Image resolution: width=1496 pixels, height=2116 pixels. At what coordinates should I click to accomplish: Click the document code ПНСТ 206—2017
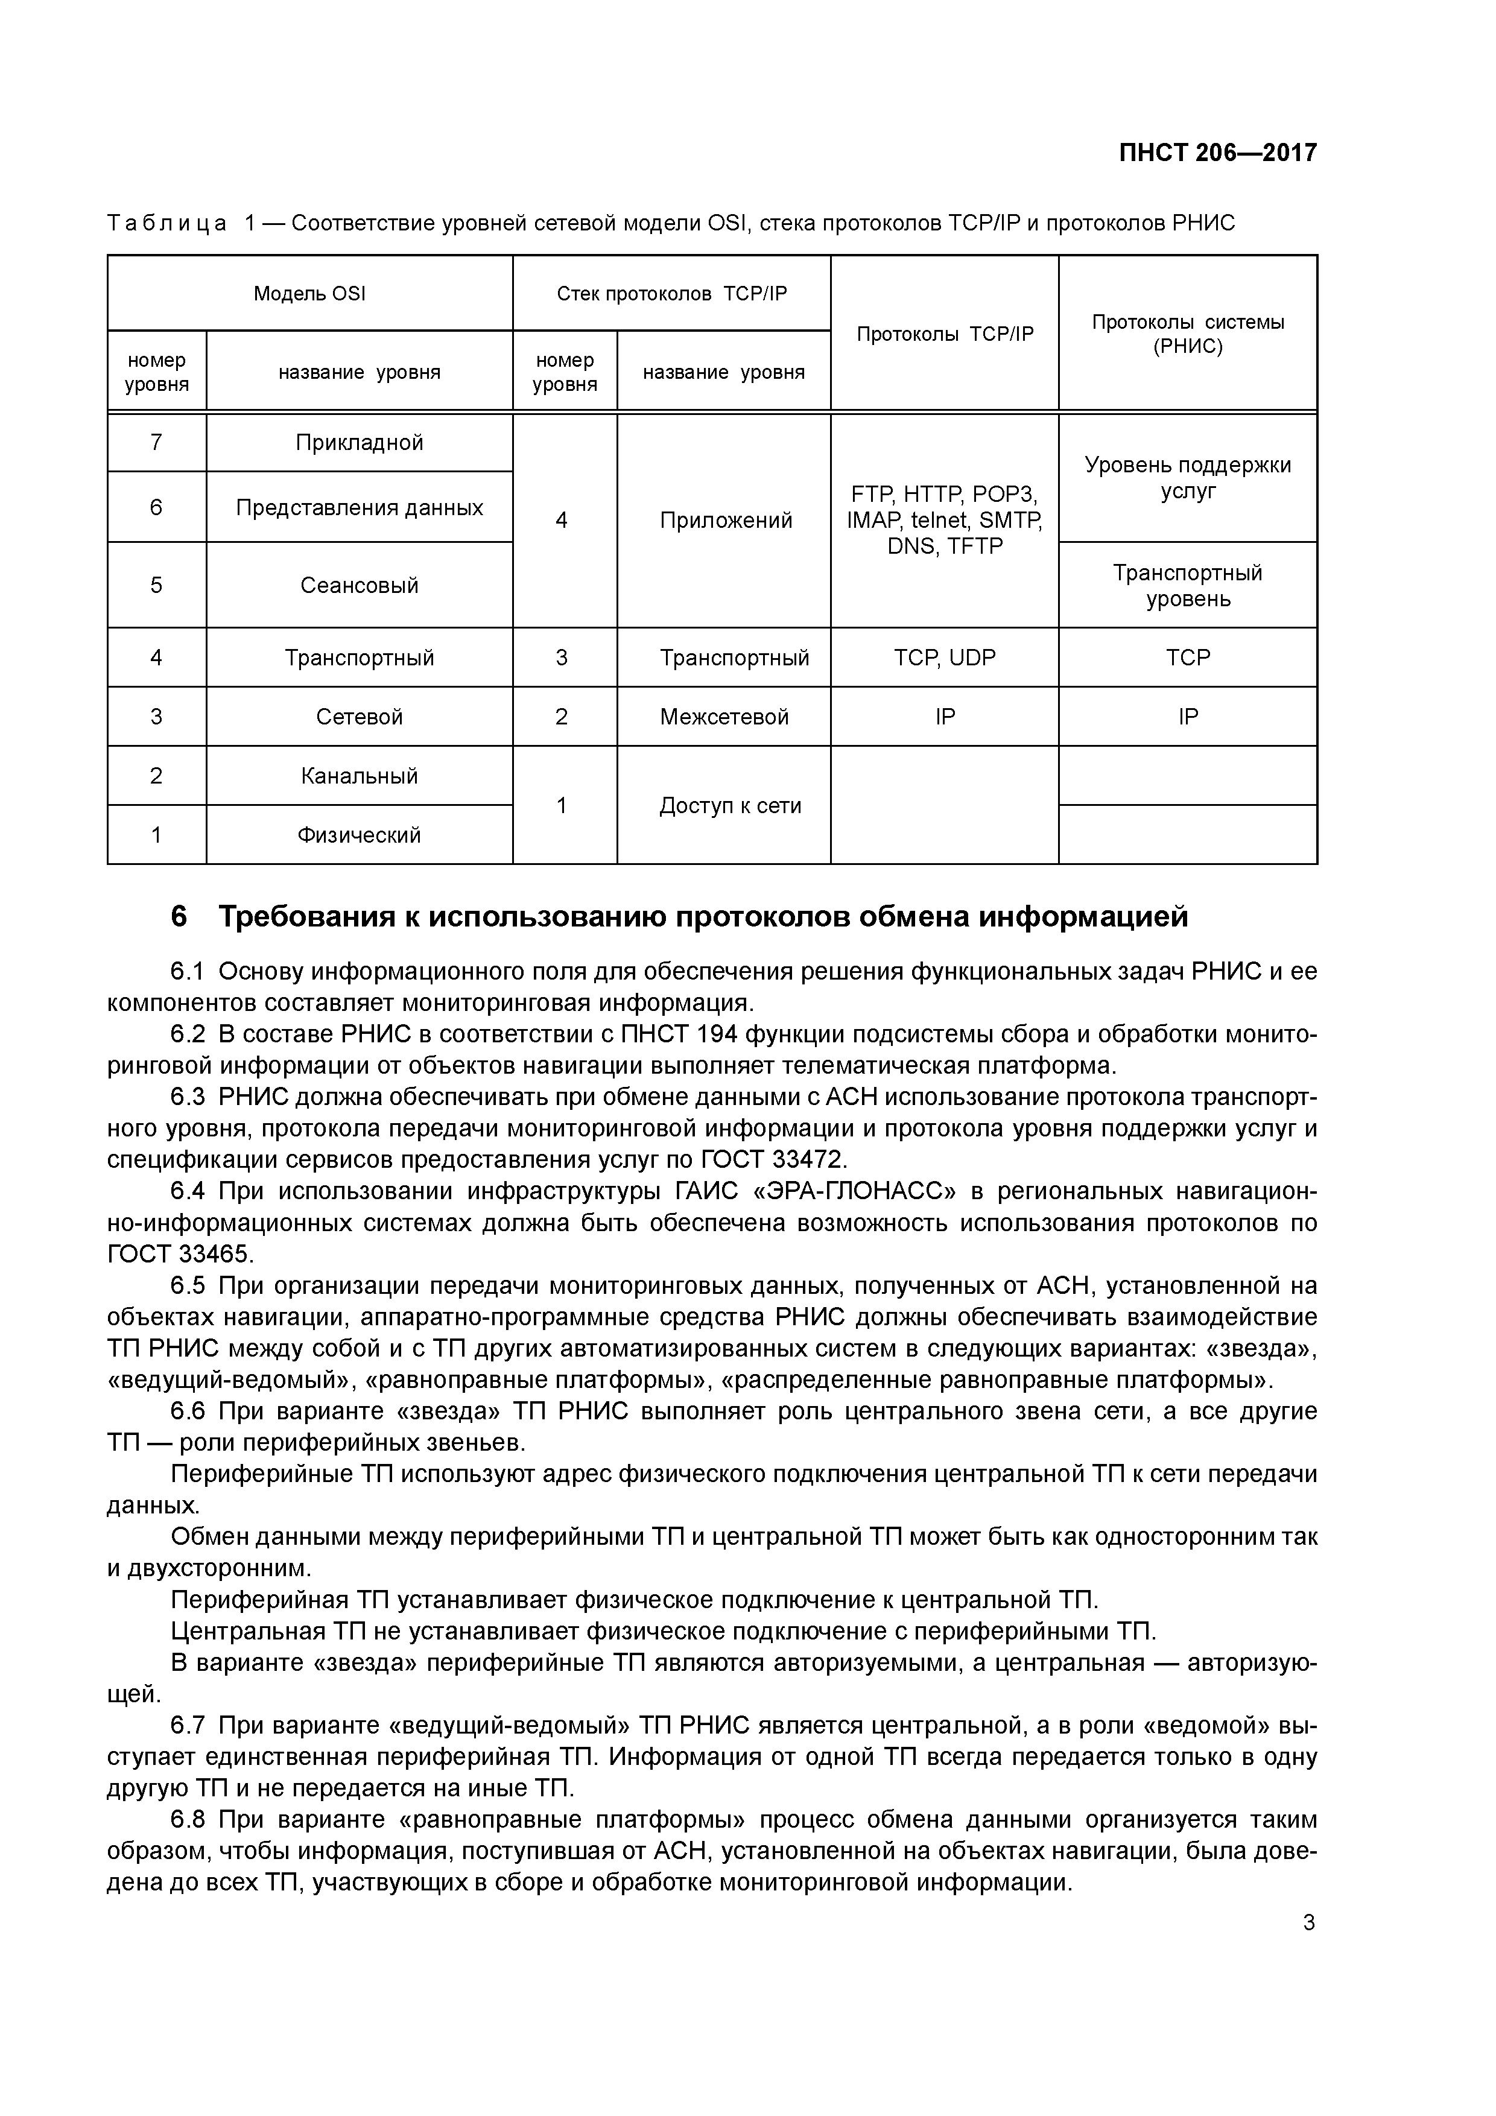(x=1217, y=153)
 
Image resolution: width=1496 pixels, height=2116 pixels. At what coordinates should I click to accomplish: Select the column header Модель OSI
(x=309, y=294)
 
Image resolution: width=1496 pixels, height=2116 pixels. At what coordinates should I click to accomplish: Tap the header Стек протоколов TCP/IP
(x=672, y=294)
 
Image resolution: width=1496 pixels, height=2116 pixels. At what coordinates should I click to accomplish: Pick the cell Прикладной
(x=360, y=442)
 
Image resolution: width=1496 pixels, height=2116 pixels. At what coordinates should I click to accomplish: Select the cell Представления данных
(x=360, y=508)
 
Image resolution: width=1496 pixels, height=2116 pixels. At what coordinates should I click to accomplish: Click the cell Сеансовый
(x=360, y=585)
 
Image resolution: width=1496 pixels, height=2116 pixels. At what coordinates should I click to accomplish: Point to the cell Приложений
(x=726, y=521)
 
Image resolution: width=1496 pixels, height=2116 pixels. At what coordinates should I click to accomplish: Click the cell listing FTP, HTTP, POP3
(x=945, y=520)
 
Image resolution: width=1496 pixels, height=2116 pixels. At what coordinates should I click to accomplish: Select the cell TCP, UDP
(x=945, y=658)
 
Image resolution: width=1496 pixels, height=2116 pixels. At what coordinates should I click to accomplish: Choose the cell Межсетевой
(x=724, y=717)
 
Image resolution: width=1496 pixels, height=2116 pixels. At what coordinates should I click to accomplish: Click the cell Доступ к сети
(x=730, y=805)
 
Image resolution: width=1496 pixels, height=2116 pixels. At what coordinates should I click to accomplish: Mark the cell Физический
(x=360, y=835)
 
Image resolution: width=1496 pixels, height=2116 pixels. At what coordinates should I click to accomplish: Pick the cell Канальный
(x=360, y=776)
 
